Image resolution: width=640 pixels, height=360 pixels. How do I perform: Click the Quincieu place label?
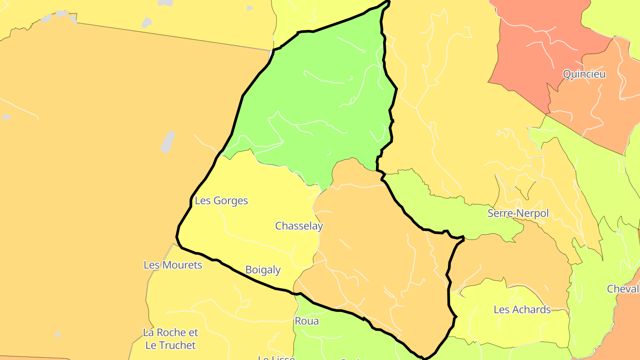[584, 74]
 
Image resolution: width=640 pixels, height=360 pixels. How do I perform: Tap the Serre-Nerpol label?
[518, 213]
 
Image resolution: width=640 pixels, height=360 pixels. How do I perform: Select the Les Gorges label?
[221, 201]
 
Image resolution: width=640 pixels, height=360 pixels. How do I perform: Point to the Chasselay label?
[299, 226]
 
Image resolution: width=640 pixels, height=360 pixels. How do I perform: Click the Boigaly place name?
[263, 270]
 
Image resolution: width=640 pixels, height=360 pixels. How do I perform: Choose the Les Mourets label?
[172, 265]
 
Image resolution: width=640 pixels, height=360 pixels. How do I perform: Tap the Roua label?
[307, 321]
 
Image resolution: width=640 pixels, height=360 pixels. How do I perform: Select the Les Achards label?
[522, 310]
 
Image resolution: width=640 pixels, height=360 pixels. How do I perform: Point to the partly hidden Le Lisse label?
[276, 358]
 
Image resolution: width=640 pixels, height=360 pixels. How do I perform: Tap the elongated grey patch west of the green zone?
[168, 142]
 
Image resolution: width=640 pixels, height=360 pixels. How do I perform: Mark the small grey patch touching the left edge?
[6, 117]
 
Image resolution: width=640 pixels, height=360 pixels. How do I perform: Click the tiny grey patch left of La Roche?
[58, 334]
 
